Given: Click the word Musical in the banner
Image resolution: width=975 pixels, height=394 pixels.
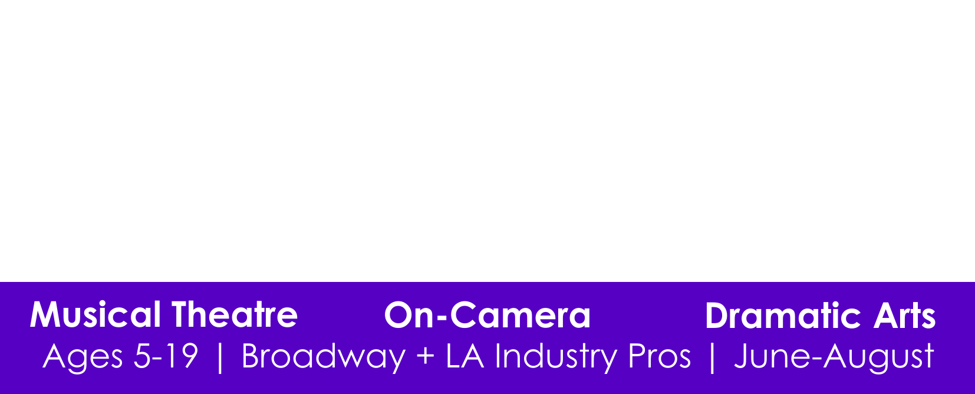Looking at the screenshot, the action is [95, 314].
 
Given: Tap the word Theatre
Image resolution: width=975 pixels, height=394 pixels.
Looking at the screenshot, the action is [235, 314].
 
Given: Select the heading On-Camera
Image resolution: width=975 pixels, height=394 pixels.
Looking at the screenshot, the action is [487, 315].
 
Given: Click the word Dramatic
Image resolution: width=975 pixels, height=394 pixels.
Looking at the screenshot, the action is [783, 315].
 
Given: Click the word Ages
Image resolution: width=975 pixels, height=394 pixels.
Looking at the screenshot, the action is [83, 357].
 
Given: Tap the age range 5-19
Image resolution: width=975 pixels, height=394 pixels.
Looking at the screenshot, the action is [166, 356].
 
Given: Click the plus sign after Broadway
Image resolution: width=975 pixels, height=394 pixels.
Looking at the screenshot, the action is [425, 356].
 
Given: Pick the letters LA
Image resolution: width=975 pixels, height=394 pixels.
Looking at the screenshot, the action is [465, 356].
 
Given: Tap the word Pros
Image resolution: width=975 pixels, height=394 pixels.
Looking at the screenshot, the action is [660, 356].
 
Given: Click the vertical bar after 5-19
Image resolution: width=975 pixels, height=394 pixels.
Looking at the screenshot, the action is [220, 357].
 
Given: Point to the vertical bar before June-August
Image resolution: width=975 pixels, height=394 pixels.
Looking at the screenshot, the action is [712, 357].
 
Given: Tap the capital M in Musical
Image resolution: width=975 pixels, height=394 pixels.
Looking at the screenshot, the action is [45, 314].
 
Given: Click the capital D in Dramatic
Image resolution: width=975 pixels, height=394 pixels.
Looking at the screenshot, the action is [716, 315].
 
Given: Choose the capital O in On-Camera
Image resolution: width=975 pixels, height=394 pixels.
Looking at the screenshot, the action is [398, 315].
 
